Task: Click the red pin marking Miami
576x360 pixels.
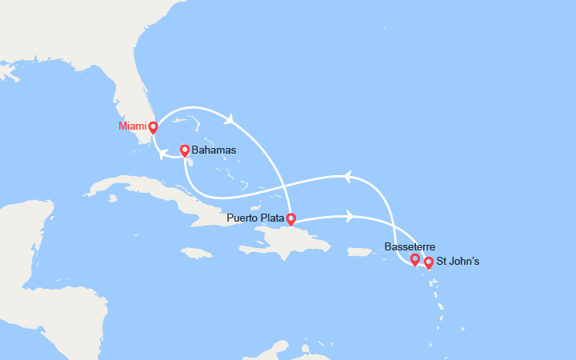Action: (x=153, y=126)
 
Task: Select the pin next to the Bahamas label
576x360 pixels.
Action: (x=185, y=150)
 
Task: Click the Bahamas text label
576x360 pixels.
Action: (x=214, y=150)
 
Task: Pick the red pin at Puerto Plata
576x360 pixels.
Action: (x=290, y=218)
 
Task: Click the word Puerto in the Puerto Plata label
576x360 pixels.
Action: (x=243, y=218)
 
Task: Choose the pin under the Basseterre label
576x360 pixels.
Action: (x=414, y=258)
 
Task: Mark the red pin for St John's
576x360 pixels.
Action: (x=429, y=262)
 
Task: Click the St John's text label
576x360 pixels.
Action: (x=460, y=262)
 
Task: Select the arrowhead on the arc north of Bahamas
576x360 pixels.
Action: (x=230, y=120)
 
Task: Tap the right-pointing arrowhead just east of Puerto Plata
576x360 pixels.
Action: (x=350, y=215)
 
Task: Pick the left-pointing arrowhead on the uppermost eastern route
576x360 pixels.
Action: (x=346, y=176)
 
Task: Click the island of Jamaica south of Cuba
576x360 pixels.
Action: (x=197, y=253)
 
